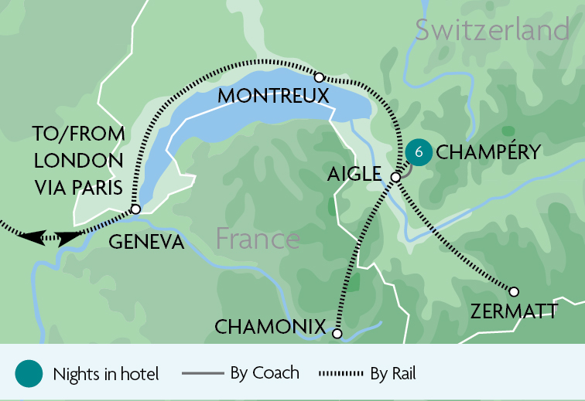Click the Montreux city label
click(x=273, y=97)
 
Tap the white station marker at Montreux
click(x=319, y=76)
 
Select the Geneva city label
click(x=146, y=242)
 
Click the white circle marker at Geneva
click(x=135, y=209)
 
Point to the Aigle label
click(x=354, y=175)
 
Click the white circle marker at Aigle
click(x=395, y=177)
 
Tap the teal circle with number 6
click(x=419, y=152)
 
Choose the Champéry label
click(x=487, y=153)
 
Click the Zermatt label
click(x=513, y=311)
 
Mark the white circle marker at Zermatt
click(x=513, y=291)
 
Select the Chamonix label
click(x=270, y=328)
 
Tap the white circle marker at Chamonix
click(x=337, y=334)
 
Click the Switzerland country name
click(x=492, y=30)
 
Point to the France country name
click(x=258, y=238)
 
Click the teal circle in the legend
click(x=28, y=374)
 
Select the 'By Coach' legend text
click(x=264, y=372)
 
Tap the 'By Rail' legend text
click(x=392, y=373)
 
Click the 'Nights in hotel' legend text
click(x=106, y=375)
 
